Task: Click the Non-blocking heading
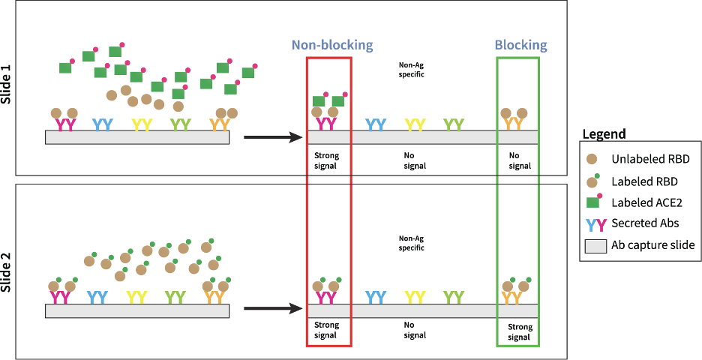point(331,45)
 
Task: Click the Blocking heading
point(520,45)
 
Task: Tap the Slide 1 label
point(9,88)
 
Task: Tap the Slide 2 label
point(9,268)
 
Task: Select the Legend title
point(604,134)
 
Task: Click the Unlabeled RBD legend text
point(650,159)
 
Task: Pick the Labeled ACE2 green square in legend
point(592,202)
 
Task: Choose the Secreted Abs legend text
point(646,223)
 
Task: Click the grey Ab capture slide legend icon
point(595,245)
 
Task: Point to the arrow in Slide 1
point(273,137)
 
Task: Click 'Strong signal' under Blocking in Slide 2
point(519,331)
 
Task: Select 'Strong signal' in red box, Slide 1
point(326,160)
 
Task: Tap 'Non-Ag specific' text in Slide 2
point(411,242)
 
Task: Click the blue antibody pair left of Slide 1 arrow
point(103,124)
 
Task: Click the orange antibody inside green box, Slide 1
point(513,124)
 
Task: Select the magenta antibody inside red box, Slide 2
point(326,297)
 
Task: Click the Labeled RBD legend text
point(645,181)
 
